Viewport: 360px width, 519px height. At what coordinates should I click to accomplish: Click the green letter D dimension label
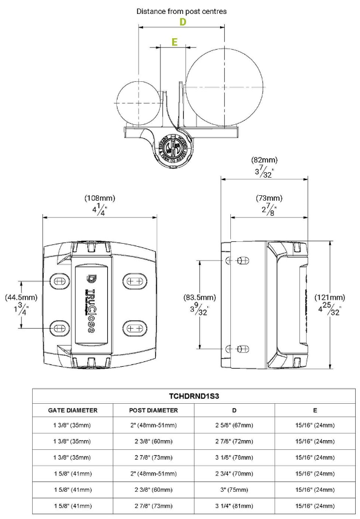click(182, 22)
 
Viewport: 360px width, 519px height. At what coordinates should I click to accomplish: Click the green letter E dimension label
click(175, 42)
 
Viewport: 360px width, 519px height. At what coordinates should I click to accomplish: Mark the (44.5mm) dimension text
click(21, 298)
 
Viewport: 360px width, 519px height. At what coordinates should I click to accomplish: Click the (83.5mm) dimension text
click(200, 297)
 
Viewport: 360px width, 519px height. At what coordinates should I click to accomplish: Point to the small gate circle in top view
click(138, 104)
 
